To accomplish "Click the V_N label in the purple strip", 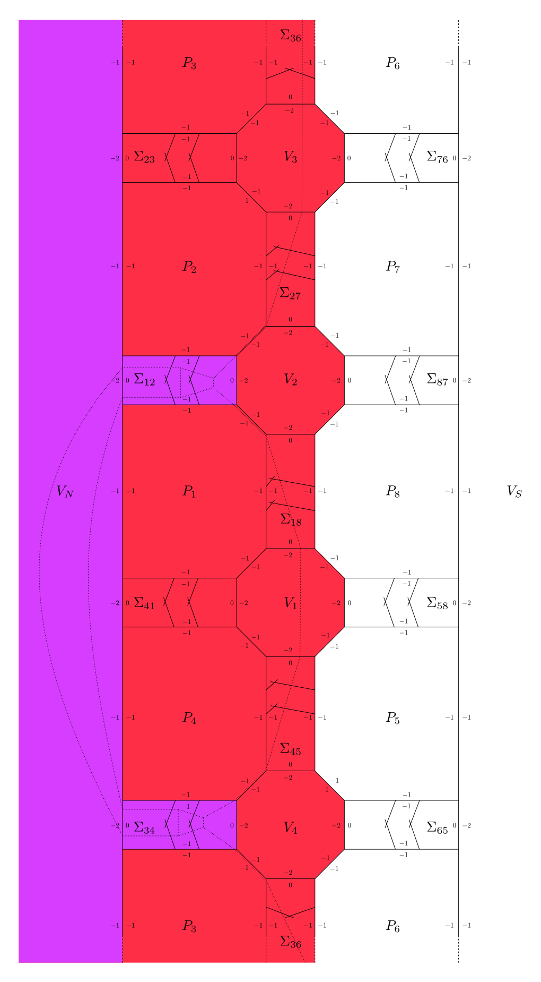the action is pyautogui.click(x=65, y=491).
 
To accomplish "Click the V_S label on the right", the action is pyautogui.click(x=514, y=491).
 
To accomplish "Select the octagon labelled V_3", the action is pyautogui.click(x=291, y=158).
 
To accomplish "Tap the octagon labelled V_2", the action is pyautogui.click(x=291, y=380).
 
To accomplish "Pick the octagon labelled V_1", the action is pyautogui.click(x=291, y=603).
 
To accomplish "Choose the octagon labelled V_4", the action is pyautogui.click(x=291, y=825).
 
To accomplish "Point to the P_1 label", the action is pyautogui.click(x=189, y=492).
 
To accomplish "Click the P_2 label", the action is pyautogui.click(x=189, y=267).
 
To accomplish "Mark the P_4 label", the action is pyautogui.click(x=189, y=718).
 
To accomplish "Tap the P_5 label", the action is pyautogui.click(x=392, y=718).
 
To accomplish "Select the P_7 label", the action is pyautogui.click(x=392, y=267).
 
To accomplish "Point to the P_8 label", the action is pyautogui.click(x=392, y=492).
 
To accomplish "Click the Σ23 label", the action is pyautogui.click(x=144, y=157).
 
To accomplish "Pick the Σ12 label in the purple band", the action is pyautogui.click(x=144, y=380).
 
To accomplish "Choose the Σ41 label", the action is pyautogui.click(x=144, y=602).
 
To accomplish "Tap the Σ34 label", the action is pyautogui.click(x=144, y=827).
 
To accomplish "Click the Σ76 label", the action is pyautogui.click(x=438, y=157).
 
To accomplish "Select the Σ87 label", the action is pyautogui.click(x=438, y=380).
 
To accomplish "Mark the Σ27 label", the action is pyautogui.click(x=290, y=294).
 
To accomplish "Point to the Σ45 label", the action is pyautogui.click(x=290, y=749).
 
